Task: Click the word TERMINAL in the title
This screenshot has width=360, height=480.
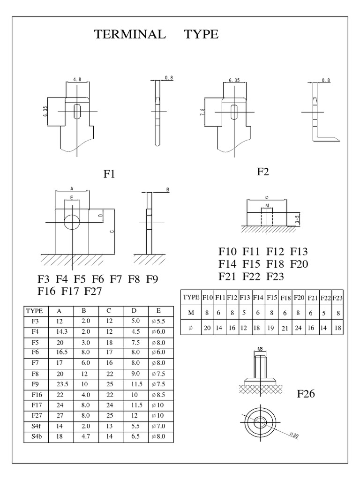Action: [130, 34]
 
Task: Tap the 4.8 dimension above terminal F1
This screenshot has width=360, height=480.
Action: [77, 79]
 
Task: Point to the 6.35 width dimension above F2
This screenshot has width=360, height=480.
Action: [234, 80]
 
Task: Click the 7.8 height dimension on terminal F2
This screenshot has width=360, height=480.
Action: [202, 112]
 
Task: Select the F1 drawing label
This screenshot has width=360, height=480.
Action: [109, 174]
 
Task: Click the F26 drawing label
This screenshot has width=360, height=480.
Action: [306, 394]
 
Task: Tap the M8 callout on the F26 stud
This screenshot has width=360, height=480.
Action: [260, 349]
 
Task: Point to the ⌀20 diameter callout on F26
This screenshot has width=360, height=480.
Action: [294, 435]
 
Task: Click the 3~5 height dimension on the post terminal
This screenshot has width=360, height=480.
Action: [297, 219]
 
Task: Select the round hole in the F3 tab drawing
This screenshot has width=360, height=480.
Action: [72, 222]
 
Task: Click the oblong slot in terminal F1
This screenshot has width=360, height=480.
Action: [77, 112]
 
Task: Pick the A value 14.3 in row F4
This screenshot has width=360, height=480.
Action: [61, 331]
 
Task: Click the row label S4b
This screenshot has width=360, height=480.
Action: [36, 436]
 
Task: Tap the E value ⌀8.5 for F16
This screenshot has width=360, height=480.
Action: [158, 395]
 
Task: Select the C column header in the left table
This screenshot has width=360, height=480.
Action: [109, 311]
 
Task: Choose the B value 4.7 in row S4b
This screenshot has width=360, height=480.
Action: [86, 436]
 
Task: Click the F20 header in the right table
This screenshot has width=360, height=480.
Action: [299, 298]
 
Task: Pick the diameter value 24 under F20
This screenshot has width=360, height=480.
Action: [298, 328]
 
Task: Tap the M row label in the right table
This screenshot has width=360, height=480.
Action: [191, 313]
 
